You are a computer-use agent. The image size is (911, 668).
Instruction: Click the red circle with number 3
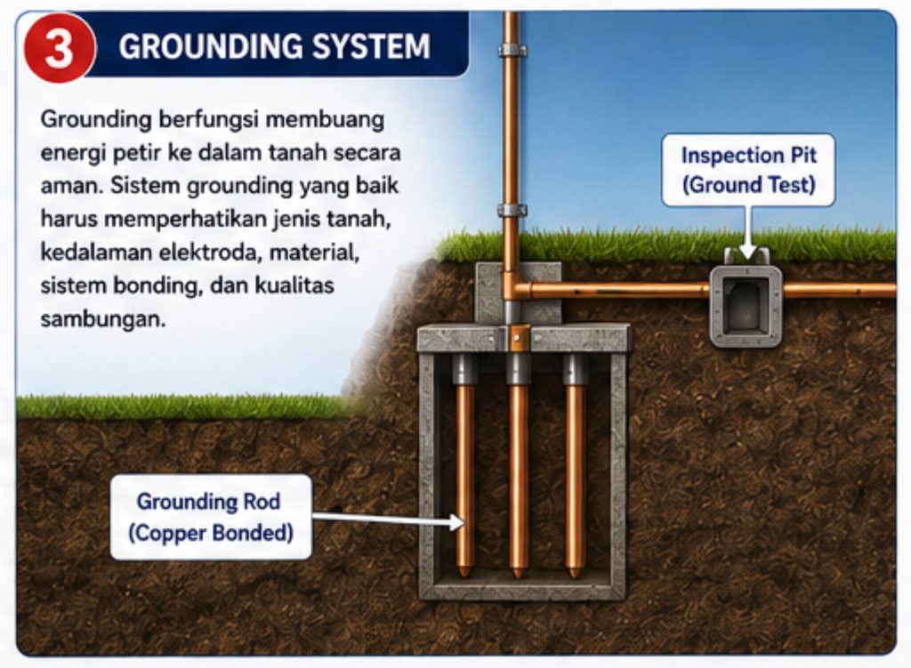pyautogui.click(x=59, y=48)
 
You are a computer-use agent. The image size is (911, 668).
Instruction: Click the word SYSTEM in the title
pyautogui.click(x=371, y=46)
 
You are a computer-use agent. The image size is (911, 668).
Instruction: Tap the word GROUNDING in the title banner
pyautogui.click(x=211, y=46)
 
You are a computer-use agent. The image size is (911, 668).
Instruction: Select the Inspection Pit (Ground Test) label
pyautogui.click(x=749, y=170)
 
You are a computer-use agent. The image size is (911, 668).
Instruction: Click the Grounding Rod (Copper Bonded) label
pyautogui.click(x=211, y=517)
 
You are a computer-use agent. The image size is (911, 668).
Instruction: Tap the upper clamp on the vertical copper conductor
pyautogui.click(x=512, y=51)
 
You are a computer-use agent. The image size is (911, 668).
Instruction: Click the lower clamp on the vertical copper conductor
pyautogui.click(x=512, y=210)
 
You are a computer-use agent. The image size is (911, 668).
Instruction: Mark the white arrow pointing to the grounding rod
pyautogui.click(x=388, y=519)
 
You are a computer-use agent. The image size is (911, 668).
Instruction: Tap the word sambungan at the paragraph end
pyautogui.click(x=103, y=319)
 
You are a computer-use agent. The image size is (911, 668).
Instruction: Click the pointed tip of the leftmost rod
pyautogui.click(x=464, y=575)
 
